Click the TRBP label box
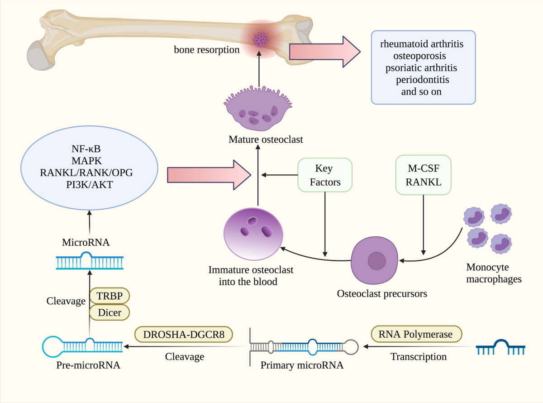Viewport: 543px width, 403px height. click(110, 296)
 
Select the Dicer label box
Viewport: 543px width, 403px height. click(110, 312)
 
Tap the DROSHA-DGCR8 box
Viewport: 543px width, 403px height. click(184, 334)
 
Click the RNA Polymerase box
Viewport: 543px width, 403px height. click(416, 334)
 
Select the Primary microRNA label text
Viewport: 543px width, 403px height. click(302, 365)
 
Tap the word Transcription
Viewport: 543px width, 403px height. click(418, 356)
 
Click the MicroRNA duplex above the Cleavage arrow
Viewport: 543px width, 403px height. click(89, 261)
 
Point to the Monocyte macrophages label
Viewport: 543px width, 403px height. click(494, 273)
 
